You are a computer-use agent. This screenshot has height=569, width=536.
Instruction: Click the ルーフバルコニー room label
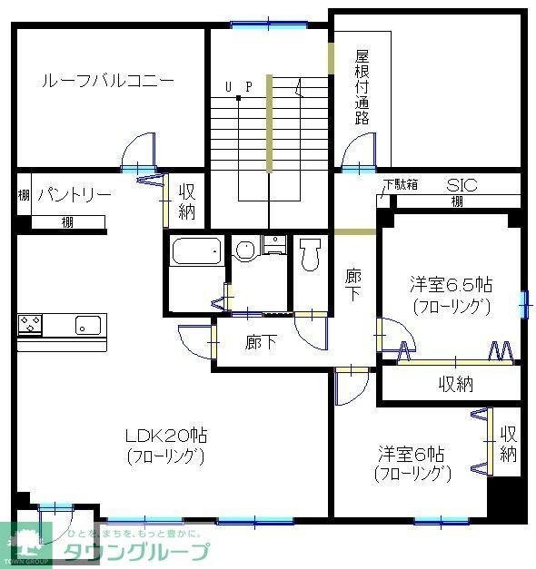tap(107, 81)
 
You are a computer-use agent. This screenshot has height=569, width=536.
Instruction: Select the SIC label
tap(461, 184)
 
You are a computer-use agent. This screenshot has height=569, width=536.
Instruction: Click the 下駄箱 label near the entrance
tap(400, 184)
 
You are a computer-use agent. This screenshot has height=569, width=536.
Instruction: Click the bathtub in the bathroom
tap(196, 250)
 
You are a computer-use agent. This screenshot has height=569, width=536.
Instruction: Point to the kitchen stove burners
tap(30, 323)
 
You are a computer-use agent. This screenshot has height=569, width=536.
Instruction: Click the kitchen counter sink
tap(88, 324)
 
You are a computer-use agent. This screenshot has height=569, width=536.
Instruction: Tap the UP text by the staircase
tap(238, 87)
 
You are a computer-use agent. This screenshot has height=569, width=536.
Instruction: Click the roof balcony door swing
tap(139, 152)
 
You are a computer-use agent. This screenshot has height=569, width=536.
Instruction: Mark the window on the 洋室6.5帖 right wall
tap(524, 304)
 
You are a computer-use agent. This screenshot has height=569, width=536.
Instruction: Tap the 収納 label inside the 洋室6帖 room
tap(508, 443)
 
